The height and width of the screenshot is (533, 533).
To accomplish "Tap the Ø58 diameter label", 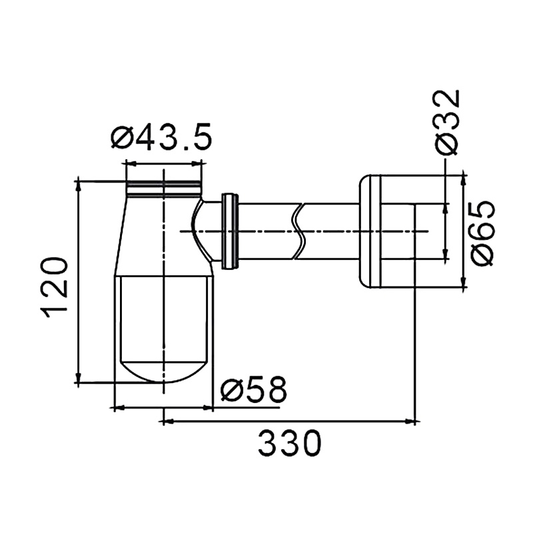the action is click(253, 388).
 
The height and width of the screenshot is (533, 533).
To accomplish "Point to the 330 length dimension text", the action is click(290, 443).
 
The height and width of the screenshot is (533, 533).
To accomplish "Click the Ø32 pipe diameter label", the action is click(446, 123).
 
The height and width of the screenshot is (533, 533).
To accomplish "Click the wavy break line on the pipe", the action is click(298, 231).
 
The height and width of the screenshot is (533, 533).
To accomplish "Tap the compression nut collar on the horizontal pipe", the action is click(230, 231).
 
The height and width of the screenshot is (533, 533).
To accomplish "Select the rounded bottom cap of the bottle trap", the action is click(164, 372).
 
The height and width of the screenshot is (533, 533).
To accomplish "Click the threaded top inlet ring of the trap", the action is click(164, 189).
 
